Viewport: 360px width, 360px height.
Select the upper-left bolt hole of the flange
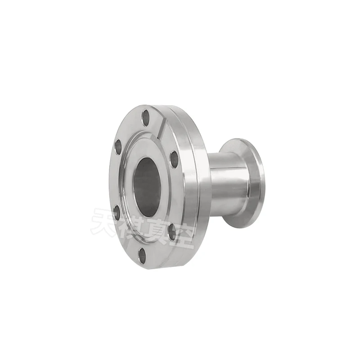click(118, 147)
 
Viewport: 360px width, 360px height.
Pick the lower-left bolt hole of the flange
click(117, 212)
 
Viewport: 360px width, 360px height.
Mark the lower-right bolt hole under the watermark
click(172, 232)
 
